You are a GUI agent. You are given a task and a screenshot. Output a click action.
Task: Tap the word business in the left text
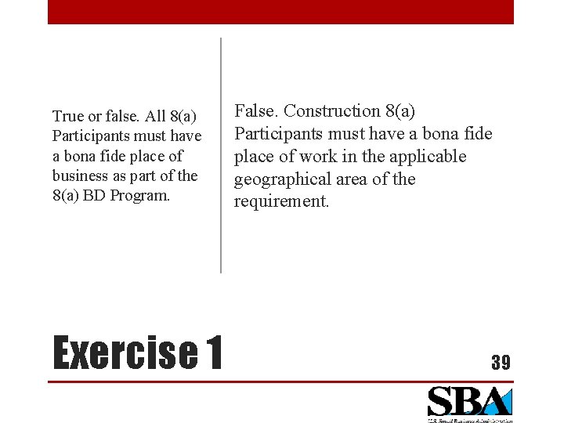point(78,175)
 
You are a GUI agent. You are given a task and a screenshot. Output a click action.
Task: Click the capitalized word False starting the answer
point(255,111)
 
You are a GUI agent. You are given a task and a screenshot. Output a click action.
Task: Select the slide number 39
point(501,362)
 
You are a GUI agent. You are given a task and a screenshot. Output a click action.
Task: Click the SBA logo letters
point(468,402)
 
